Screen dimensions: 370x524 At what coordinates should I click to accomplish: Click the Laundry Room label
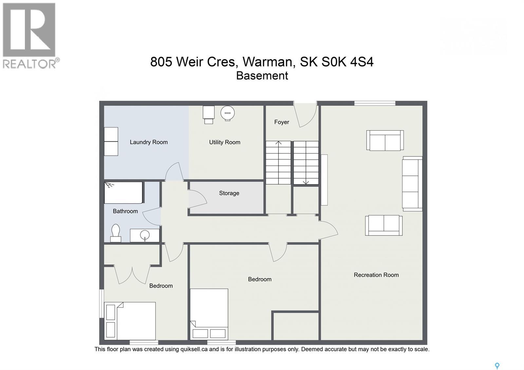click(149, 142)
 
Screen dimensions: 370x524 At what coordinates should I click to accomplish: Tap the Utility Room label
click(225, 142)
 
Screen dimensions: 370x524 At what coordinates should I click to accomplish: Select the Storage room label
click(229, 193)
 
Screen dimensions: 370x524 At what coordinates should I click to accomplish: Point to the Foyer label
click(281, 122)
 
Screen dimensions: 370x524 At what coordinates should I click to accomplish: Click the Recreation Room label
click(376, 275)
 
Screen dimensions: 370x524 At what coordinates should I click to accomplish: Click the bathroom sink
click(145, 235)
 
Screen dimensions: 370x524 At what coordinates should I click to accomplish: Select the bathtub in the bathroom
click(123, 193)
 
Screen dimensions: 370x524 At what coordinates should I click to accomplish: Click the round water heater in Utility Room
click(228, 113)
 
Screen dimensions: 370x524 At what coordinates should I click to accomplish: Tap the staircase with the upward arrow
click(278, 163)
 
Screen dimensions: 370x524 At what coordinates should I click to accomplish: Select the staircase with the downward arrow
click(306, 163)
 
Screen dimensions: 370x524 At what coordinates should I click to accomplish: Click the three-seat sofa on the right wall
click(412, 184)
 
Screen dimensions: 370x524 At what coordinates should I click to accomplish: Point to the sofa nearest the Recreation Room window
click(385, 140)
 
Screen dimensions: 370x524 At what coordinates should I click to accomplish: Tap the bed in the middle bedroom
click(209, 314)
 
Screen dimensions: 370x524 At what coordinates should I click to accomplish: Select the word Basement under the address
click(262, 76)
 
